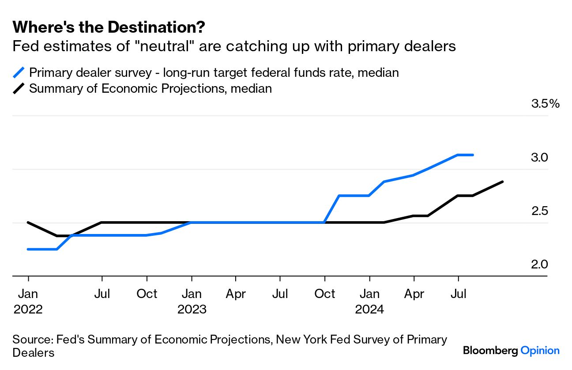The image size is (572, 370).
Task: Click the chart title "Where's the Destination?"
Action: click(x=109, y=27)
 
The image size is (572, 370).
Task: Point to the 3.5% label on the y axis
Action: click(x=546, y=104)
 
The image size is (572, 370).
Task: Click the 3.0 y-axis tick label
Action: click(x=539, y=158)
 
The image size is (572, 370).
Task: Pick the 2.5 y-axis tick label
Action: click(x=539, y=211)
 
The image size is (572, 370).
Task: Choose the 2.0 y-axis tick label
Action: click(x=539, y=264)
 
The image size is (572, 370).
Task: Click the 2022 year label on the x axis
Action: click(x=28, y=309)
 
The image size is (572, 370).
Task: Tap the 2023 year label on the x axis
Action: click(x=192, y=309)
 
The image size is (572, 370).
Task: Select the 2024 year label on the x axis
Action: click(x=369, y=309)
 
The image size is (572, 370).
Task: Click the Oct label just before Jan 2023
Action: click(x=147, y=294)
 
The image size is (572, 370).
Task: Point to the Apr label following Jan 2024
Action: click(x=414, y=294)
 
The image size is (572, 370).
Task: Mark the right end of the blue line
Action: click(x=473, y=155)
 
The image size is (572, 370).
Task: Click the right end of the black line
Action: click(x=503, y=181)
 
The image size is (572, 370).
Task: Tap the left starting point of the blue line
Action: click(x=28, y=249)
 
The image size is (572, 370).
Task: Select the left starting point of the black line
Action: click(x=28, y=222)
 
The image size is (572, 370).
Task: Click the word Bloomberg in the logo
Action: click(x=490, y=351)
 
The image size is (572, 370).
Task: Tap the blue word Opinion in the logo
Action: click(x=540, y=351)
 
